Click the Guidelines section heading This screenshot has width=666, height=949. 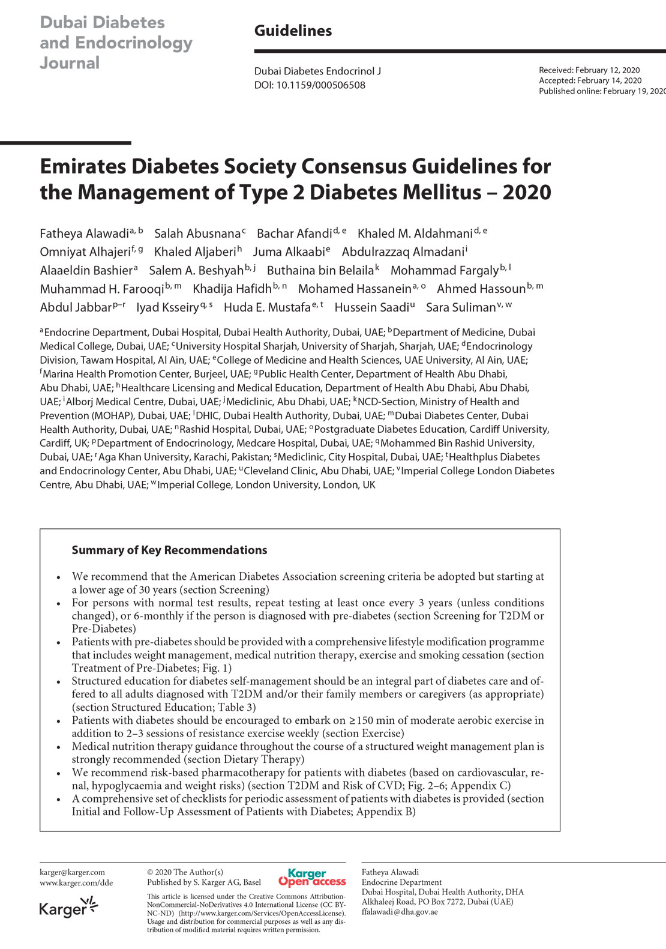click(293, 31)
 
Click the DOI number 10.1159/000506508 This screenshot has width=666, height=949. click(320, 85)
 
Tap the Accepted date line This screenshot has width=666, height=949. click(590, 80)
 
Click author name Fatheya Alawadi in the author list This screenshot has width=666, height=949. click(85, 233)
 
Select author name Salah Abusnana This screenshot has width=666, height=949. click(197, 233)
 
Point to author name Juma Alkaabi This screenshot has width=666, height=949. click(289, 252)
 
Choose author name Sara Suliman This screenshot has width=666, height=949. click(461, 307)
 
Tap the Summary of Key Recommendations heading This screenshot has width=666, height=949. click(169, 550)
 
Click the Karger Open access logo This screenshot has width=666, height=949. click(312, 878)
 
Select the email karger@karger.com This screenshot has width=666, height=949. click(72, 872)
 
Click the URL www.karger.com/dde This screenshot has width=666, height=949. click(76, 882)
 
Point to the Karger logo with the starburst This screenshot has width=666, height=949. click(68, 908)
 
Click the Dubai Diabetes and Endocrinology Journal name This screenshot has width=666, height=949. click(116, 43)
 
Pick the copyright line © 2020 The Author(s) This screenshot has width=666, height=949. click(185, 872)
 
